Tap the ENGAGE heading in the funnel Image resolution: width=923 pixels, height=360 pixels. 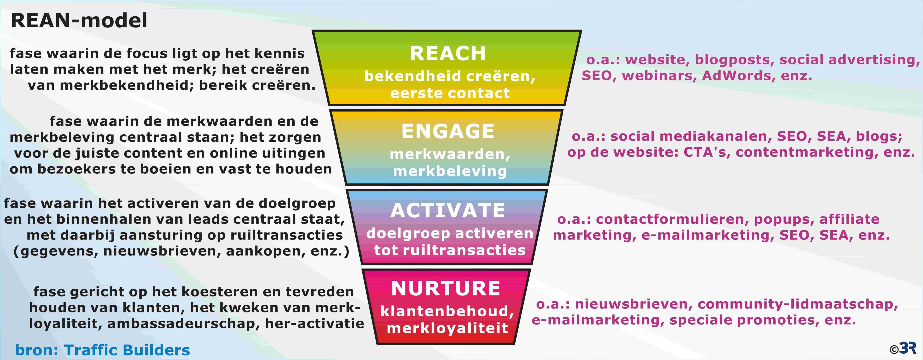tap(448, 131)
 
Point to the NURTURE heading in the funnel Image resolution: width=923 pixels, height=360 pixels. tap(446, 288)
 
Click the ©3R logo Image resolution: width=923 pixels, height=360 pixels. tap(906, 348)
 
